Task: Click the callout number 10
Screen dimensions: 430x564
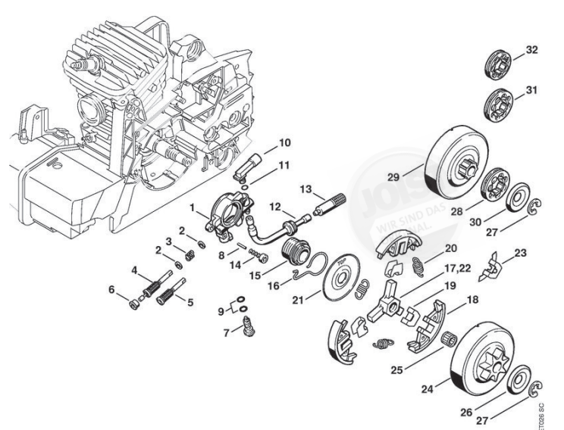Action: click(263, 142)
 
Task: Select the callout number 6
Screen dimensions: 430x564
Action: click(112, 290)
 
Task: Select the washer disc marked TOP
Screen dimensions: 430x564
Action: click(344, 281)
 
